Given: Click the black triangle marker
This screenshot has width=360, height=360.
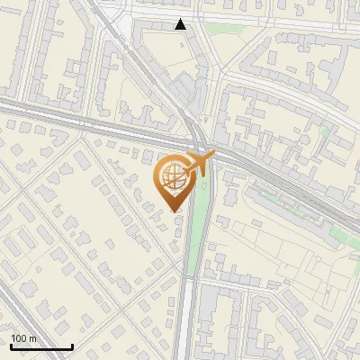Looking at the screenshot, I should [x=181, y=24].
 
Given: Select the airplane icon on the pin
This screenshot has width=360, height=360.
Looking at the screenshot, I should [x=200, y=162].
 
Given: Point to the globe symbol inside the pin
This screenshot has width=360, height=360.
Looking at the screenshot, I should [x=172, y=177].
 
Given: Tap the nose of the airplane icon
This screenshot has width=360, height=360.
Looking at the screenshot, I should [x=215, y=154].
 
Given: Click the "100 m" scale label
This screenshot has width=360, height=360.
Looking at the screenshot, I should [x=24, y=338].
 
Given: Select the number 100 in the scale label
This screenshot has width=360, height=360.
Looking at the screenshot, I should [x=20, y=338].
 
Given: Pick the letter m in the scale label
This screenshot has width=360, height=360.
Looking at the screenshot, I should [x=34, y=338].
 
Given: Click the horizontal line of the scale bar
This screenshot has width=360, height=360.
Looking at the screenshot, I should [x=40, y=346].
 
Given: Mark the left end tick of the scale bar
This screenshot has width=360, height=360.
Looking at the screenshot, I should [x=10, y=345].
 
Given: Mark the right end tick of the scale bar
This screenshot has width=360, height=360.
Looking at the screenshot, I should [x=72, y=345].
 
